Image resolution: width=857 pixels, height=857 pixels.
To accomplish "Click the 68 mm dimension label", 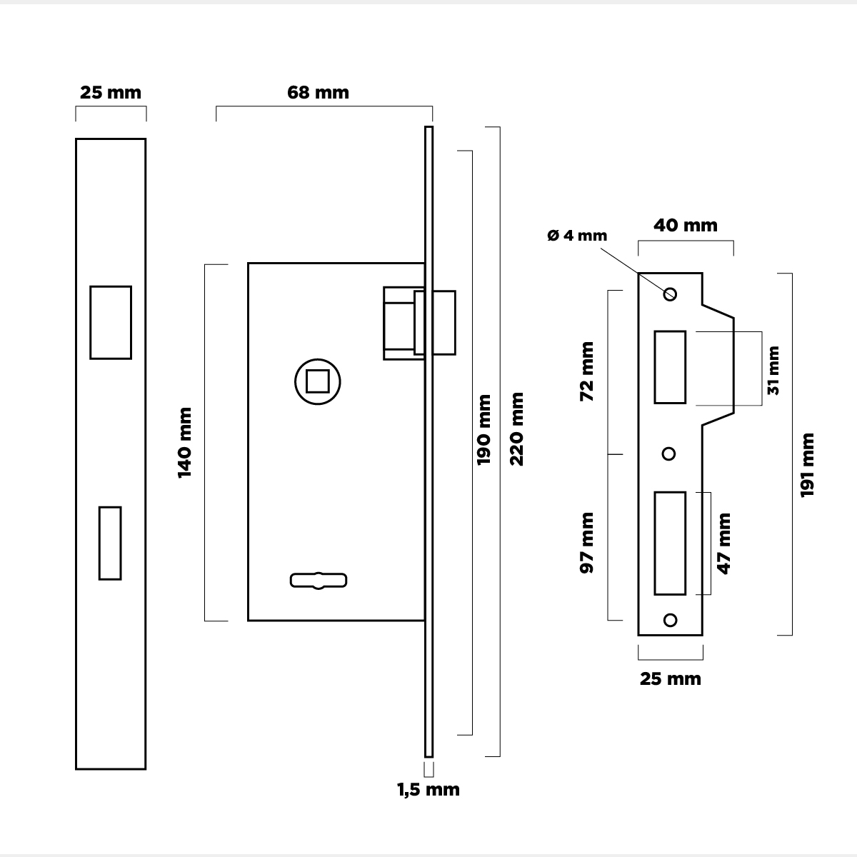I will coord(318,93).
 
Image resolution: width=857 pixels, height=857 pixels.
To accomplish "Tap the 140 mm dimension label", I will coord(185,442).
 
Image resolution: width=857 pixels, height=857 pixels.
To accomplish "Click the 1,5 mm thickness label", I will coord(428,790).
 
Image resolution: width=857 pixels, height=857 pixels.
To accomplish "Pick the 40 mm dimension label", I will coord(686,226).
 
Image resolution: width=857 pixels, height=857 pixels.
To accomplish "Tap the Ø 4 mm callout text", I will coord(577,236).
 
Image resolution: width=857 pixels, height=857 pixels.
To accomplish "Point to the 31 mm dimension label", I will coord(773,370).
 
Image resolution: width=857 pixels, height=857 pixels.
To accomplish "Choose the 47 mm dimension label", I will coord(724,543).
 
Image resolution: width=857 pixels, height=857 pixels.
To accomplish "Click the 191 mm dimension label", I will coord(807,465).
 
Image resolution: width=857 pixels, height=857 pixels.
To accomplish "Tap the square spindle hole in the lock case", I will coord(317,382).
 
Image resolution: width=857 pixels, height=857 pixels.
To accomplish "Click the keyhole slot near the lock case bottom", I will coord(319,581).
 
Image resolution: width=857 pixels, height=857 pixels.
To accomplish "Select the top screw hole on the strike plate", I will coord(670,294).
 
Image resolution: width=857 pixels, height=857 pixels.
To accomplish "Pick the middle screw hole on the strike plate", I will coord(669,453).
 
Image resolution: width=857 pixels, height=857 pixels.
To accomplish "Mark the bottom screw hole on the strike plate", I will coord(670,619).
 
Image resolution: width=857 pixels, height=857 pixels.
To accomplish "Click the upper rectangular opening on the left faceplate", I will coord(111,322).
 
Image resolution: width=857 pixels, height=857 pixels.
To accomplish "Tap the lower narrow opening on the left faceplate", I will coord(110,543).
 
